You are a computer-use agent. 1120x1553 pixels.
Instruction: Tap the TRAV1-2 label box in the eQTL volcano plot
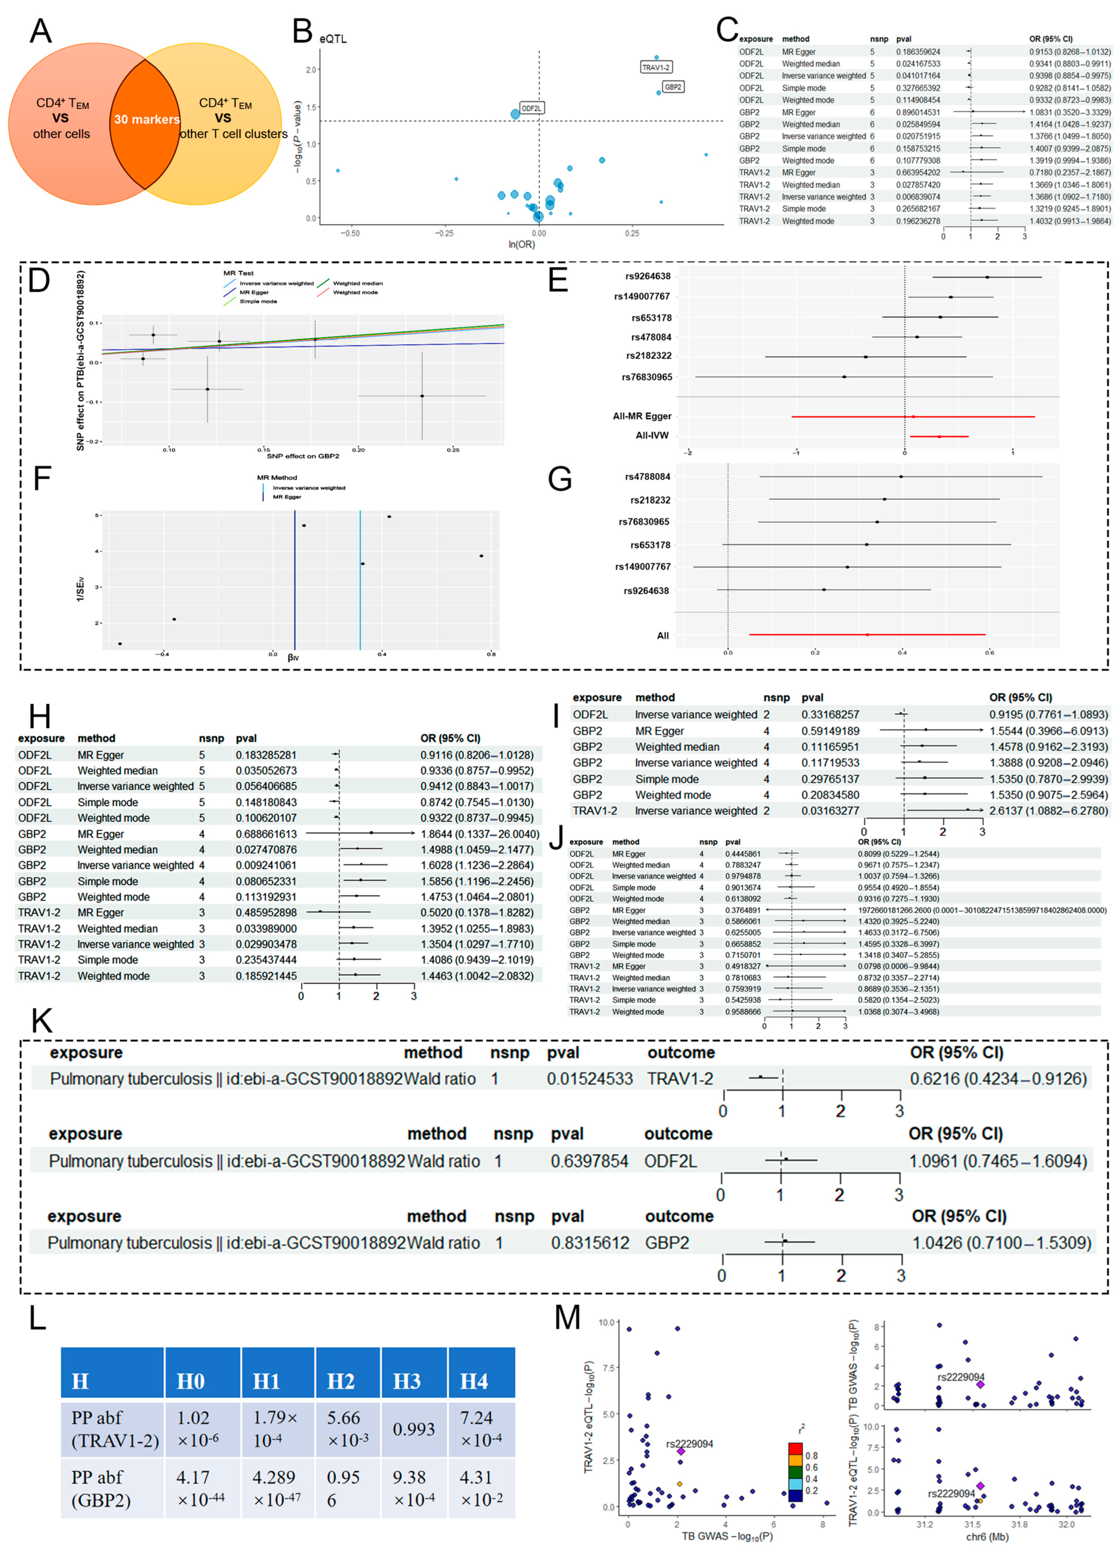(655, 67)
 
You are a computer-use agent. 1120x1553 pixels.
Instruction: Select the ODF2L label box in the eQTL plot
(532, 108)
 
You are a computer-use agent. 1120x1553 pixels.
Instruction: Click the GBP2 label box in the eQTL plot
(673, 87)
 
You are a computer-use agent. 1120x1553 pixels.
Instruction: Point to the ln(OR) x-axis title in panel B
(521, 245)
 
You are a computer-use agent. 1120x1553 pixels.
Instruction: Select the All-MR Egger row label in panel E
(642, 416)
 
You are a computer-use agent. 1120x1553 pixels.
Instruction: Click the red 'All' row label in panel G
(662, 635)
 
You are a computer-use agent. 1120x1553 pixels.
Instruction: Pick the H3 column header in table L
(407, 1381)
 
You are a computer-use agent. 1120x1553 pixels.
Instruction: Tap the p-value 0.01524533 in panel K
(589, 1078)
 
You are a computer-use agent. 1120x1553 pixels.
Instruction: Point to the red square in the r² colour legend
(795, 1448)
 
